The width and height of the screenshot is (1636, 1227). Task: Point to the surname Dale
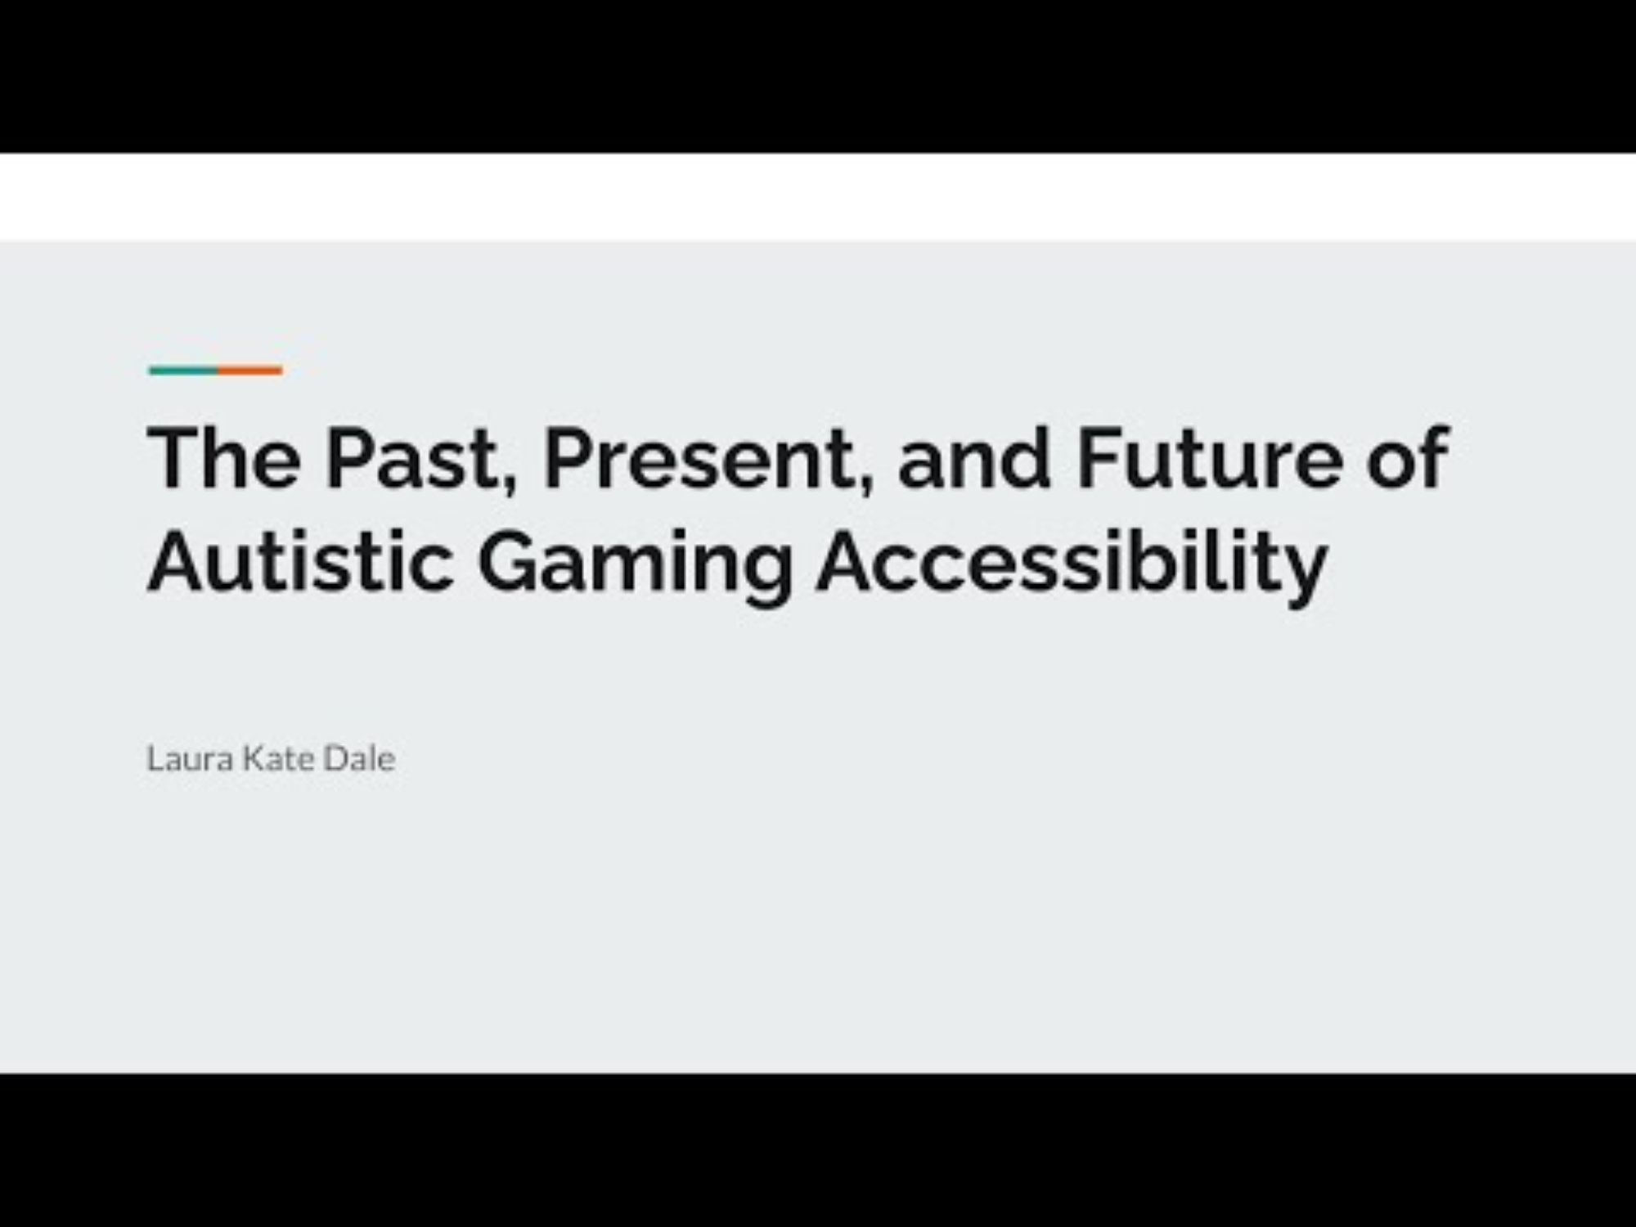(x=359, y=758)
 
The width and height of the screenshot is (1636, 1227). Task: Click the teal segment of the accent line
(x=183, y=371)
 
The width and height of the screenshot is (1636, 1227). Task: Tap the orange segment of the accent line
(x=250, y=371)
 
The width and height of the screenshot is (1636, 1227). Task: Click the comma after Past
(x=509, y=488)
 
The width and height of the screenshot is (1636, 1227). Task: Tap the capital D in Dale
(x=335, y=758)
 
